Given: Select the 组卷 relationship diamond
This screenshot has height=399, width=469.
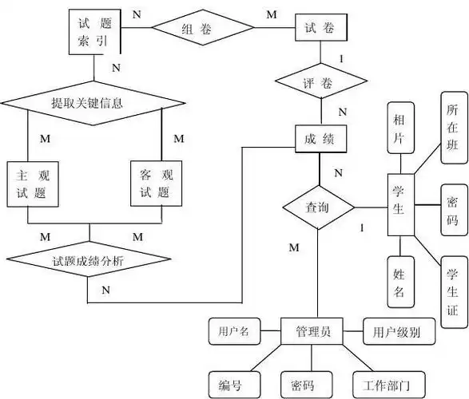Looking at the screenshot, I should pos(197,29).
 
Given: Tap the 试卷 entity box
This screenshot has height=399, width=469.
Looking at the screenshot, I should pos(320,28).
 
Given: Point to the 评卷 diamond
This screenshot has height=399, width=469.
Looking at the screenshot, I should pos(320,81).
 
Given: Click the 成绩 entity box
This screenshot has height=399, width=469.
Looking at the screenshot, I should pos(320,139).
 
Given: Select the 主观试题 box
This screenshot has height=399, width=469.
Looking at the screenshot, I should pos(29,184).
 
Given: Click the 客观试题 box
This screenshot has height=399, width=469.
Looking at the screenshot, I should pos(152,184).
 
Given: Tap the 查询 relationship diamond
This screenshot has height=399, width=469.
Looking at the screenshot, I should pos(319,207).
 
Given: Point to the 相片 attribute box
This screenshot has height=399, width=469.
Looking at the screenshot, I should pos(399,128).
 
